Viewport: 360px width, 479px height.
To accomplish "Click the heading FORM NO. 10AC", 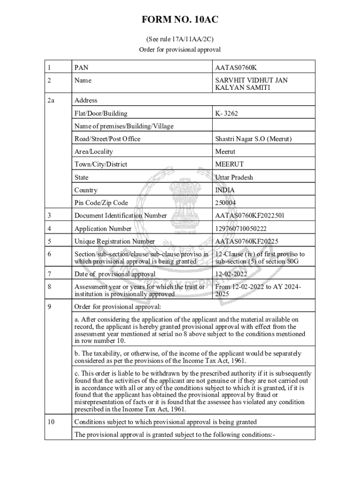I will pyautogui.click(x=180, y=20).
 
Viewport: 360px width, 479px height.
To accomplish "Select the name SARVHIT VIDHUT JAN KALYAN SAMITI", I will pyautogui.click(x=251, y=84).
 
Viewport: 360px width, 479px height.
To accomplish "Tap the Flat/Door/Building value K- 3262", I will pyautogui.click(x=227, y=113).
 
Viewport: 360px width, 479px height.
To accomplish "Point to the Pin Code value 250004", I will pyautogui.click(x=225, y=203).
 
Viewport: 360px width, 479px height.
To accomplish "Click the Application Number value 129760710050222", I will pyautogui.click(x=240, y=229).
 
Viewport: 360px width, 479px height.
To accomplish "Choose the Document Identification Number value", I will pyautogui.click(x=250, y=216).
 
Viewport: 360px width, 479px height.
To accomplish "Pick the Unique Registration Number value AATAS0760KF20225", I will pyautogui.click(x=246, y=241).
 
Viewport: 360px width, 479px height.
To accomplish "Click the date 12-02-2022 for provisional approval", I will pyautogui.click(x=231, y=274).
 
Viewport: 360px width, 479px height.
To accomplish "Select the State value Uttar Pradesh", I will pyautogui.click(x=234, y=177).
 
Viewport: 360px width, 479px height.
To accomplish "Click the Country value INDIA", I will pyautogui.click(x=225, y=190).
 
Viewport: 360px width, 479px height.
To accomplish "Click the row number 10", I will pyautogui.click(x=51, y=422).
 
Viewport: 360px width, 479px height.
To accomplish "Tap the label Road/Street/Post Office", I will pyautogui.click(x=107, y=139).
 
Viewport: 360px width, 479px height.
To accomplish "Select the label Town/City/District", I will pyautogui.click(x=101, y=164).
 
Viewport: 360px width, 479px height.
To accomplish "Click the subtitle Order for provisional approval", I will pyautogui.click(x=180, y=50).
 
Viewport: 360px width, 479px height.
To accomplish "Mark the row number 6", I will pyautogui.click(x=49, y=254).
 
